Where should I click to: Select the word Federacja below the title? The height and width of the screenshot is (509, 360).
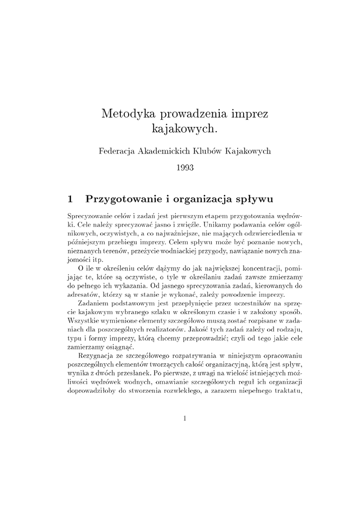[x=119, y=150]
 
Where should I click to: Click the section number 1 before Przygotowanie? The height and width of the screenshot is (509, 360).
[x=70, y=200]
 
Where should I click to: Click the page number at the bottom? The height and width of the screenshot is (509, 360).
[x=184, y=419]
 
